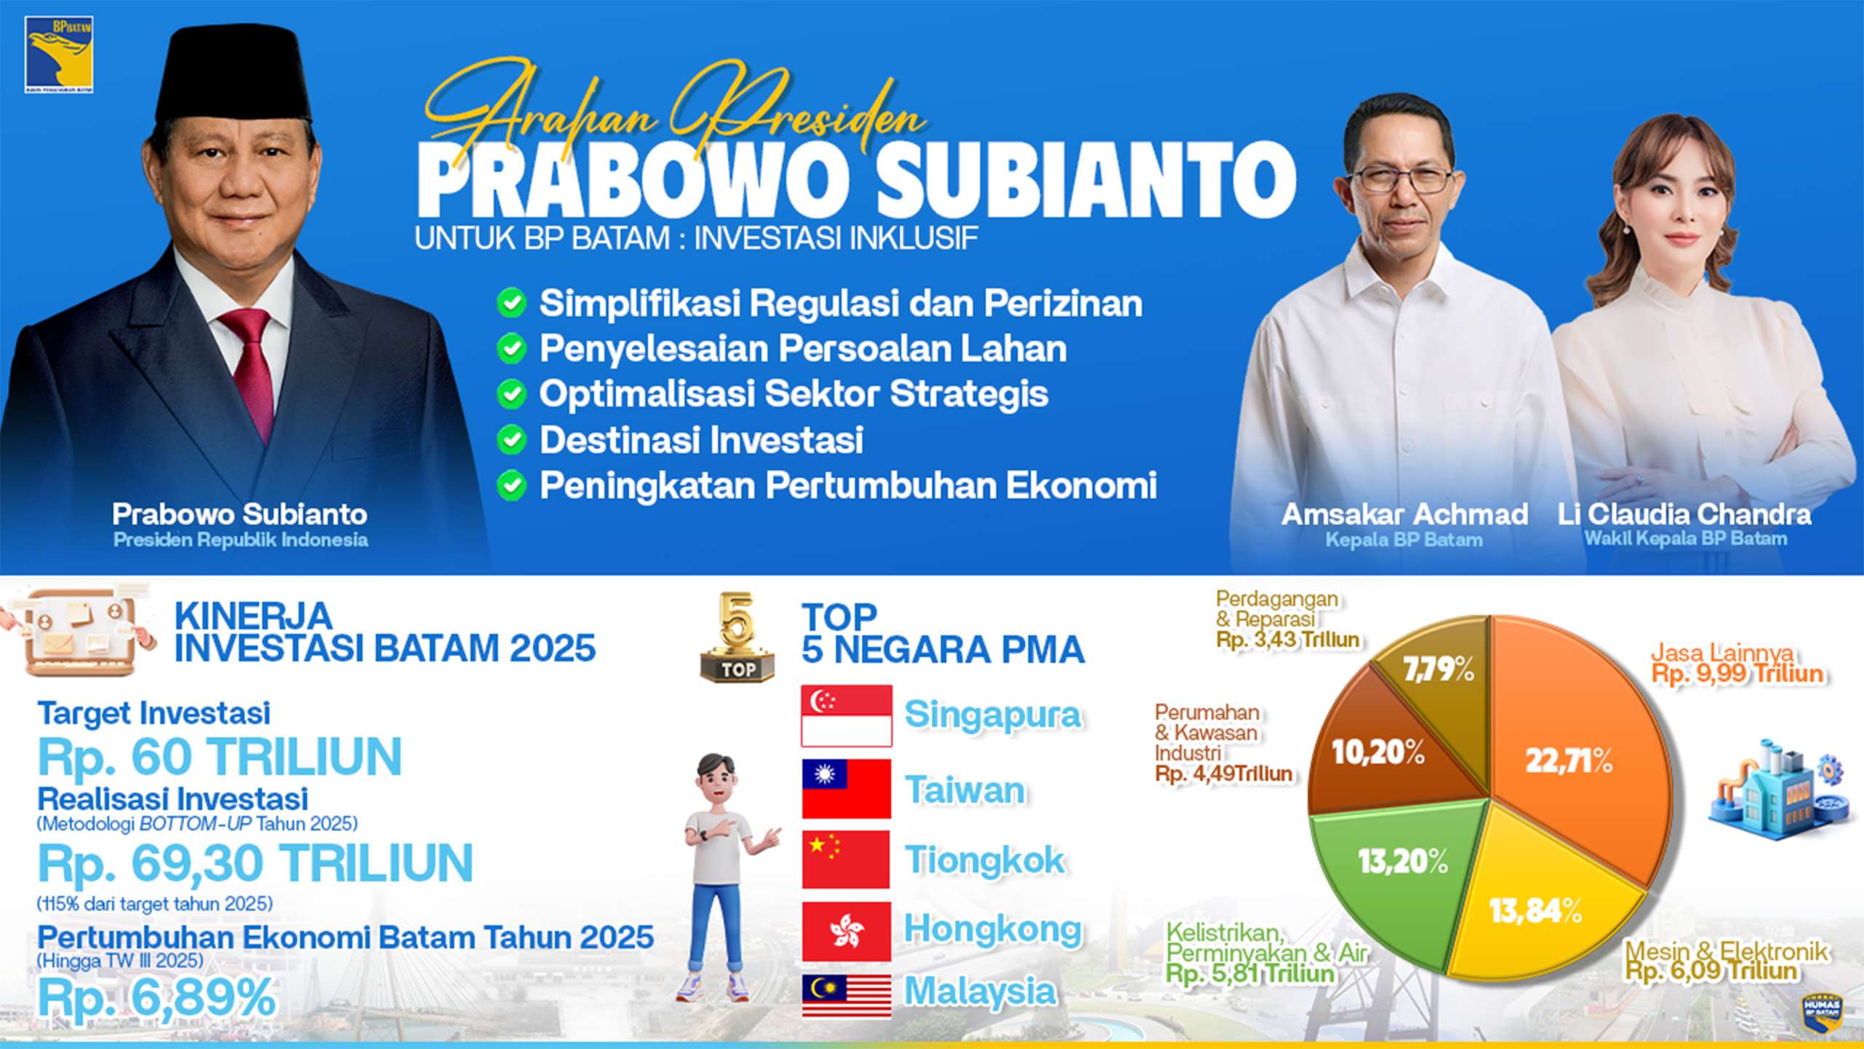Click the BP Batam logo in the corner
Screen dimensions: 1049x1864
pyautogui.click(x=58, y=55)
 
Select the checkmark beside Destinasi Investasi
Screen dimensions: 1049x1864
pyautogui.click(x=512, y=440)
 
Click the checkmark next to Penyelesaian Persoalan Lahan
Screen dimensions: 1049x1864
pyautogui.click(x=512, y=349)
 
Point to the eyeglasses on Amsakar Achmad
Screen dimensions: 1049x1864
pyautogui.click(x=1402, y=178)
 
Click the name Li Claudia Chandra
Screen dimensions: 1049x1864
pyautogui.click(x=1683, y=514)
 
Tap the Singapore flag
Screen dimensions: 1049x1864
pyautogui.click(x=846, y=715)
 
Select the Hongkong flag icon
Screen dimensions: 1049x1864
pyautogui.click(x=846, y=931)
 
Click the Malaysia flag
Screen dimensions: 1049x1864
pyautogui.click(x=846, y=995)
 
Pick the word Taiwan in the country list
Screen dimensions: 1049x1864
pyautogui.click(x=964, y=790)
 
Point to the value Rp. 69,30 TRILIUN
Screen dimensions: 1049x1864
pyautogui.click(x=255, y=864)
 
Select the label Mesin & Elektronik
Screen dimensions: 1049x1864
pyautogui.click(x=1726, y=951)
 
